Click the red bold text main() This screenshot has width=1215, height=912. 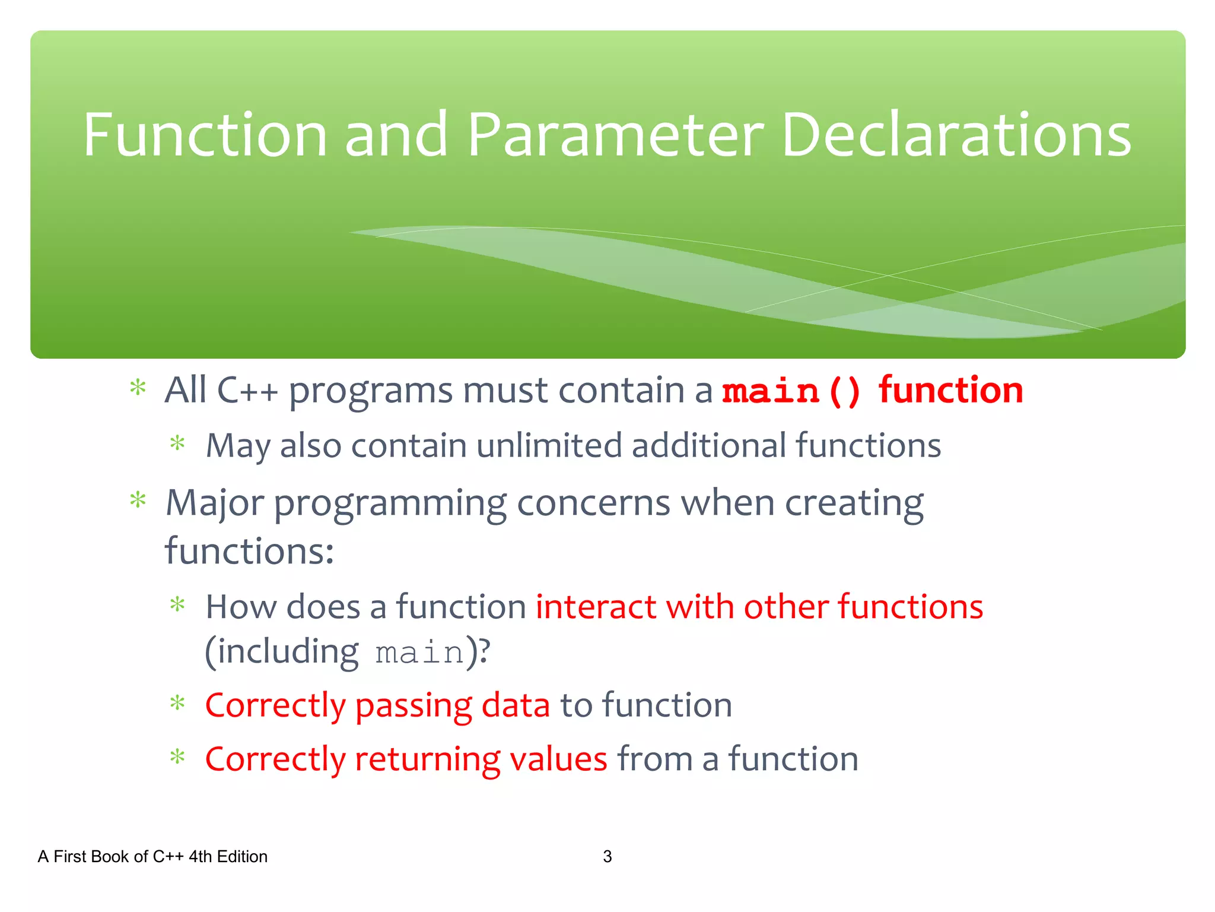[x=791, y=392]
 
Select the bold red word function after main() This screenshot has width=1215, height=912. [x=950, y=391]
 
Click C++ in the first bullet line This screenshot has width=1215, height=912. [x=247, y=391]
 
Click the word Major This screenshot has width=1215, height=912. [x=214, y=503]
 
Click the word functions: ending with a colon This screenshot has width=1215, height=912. [x=249, y=551]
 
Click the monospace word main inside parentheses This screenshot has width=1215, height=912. [x=419, y=653]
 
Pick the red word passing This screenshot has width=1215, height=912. [x=413, y=706]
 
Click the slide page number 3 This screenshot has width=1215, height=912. [x=607, y=856]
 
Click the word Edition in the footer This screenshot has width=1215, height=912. [x=242, y=856]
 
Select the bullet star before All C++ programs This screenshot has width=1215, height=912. [x=138, y=388]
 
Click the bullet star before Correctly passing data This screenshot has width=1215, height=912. [x=177, y=704]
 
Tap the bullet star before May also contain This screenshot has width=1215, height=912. [x=177, y=443]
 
